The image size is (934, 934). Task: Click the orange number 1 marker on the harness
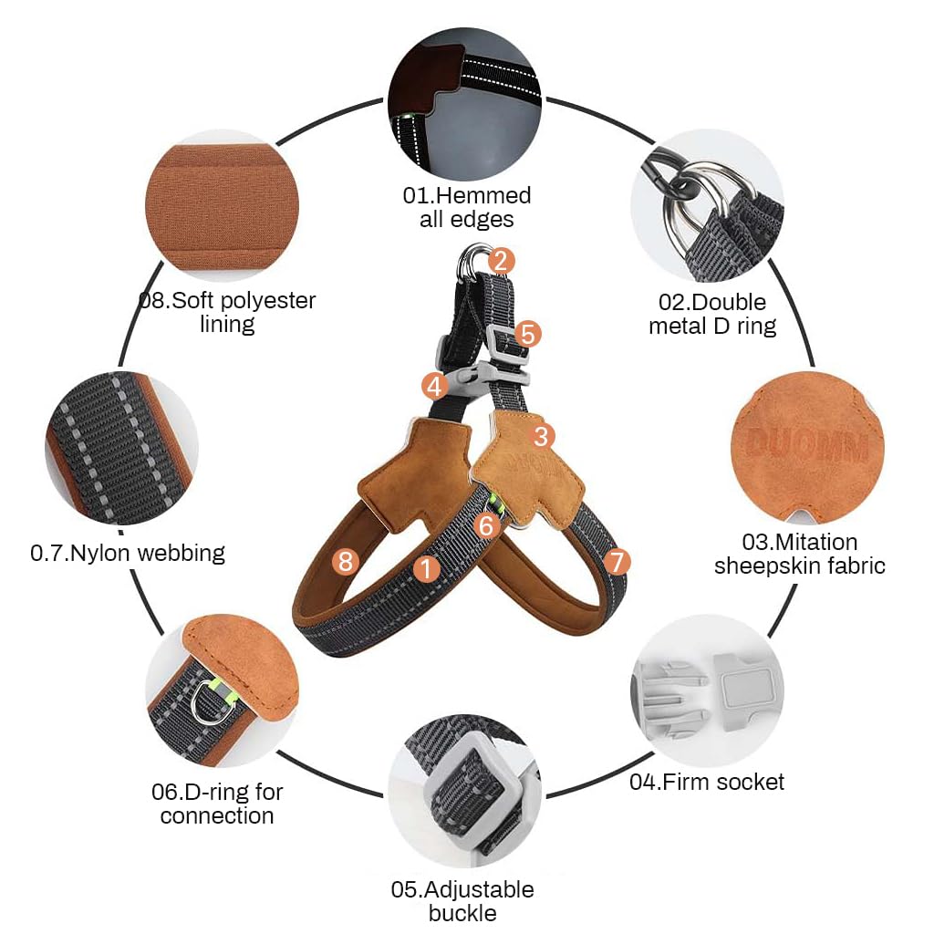tap(426, 567)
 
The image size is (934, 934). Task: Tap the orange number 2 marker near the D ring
tap(500, 261)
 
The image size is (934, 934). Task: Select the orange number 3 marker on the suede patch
tap(542, 436)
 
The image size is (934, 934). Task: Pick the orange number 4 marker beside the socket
tap(435, 386)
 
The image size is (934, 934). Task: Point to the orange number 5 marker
tap(527, 334)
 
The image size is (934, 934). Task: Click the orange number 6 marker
tap(487, 524)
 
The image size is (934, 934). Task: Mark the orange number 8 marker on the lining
tap(344, 561)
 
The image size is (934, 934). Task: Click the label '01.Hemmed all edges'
tap(467, 207)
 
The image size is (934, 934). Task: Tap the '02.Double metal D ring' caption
tap(712, 314)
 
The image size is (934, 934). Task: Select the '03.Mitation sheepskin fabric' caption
tap(799, 554)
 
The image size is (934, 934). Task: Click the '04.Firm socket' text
tap(707, 782)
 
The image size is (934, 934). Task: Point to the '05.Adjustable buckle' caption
tap(462, 901)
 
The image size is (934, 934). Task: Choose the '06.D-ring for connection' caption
tap(217, 803)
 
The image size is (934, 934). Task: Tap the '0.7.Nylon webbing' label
tap(128, 552)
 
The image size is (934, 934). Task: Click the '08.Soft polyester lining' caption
tap(227, 312)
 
